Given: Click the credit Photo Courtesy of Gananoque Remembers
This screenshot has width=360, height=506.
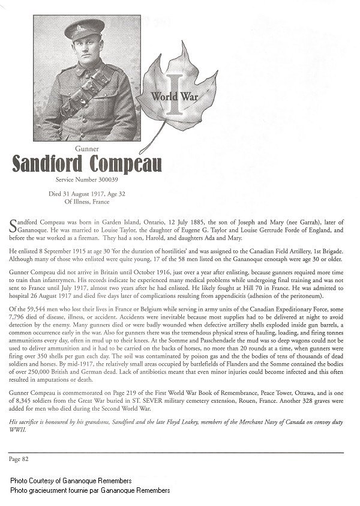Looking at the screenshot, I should (x=71, y=481).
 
